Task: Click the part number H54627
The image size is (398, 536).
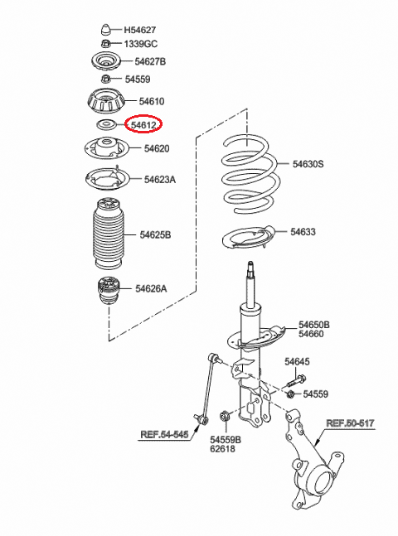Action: [x=139, y=30]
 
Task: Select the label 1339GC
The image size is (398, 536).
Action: [x=140, y=44]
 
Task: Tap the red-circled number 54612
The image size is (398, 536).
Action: [x=143, y=125]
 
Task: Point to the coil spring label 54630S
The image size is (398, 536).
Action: [x=308, y=164]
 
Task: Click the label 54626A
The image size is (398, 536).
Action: [x=151, y=289]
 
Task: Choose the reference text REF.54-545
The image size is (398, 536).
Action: [x=164, y=434]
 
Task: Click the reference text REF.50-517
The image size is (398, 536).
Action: [x=350, y=423]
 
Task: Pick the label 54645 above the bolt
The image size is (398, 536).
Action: [x=297, y=362]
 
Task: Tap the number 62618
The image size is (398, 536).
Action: [x=222, y=449]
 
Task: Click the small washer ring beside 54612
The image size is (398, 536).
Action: [x=105, y=124]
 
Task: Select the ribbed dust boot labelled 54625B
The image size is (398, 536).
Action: [x=109, y=234]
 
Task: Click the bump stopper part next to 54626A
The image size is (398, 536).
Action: [x=109, y=291]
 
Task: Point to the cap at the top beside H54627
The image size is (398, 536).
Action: [x=106, y=30]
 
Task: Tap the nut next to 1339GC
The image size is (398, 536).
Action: [x=106, y=44]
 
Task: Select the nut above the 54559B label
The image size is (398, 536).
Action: [x=225, y=417]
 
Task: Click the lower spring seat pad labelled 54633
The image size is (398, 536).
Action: [x=249, y=239]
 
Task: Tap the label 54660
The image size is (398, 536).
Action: [x=311, y=334]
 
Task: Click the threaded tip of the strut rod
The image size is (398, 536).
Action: [x=251, y=266]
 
